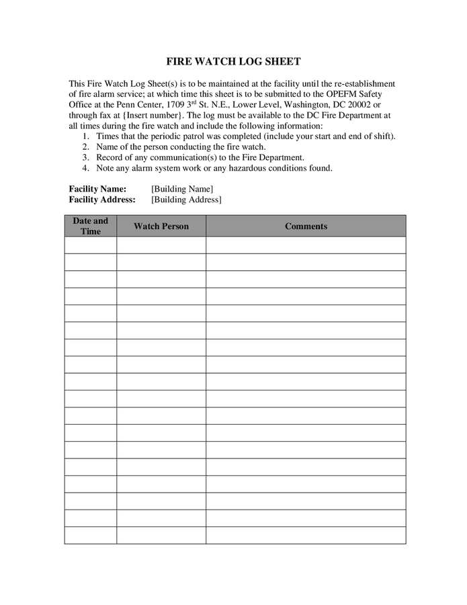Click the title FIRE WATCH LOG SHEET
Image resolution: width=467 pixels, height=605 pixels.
233,61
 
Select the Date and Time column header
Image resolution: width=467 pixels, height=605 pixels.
90,226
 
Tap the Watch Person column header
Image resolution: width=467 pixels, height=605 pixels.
161,226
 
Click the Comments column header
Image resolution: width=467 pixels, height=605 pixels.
306,226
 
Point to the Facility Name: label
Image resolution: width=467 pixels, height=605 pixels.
97,189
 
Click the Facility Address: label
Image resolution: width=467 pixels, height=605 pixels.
102,200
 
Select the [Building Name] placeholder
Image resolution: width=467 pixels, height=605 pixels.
182,189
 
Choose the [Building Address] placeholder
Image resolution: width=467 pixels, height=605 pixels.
186,200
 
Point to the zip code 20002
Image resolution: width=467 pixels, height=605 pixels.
357,105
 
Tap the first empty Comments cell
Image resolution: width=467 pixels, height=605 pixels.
306,245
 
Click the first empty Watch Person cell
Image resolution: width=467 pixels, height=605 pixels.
161,245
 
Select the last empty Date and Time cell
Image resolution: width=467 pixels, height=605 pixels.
90,535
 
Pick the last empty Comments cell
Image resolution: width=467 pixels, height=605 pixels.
306,535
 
